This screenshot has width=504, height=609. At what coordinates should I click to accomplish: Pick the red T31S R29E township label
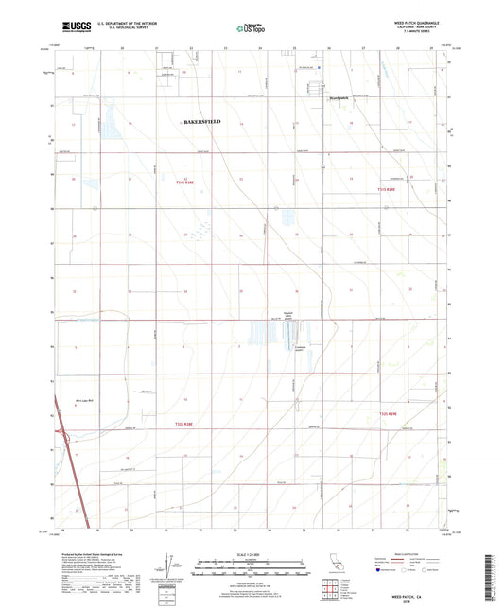click(379, 190)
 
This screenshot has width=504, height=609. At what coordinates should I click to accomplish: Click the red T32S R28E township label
click(187, 424)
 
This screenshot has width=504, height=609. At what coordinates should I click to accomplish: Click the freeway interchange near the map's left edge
click(66, 438)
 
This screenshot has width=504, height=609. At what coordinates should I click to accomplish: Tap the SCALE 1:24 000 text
click(252, 554)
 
